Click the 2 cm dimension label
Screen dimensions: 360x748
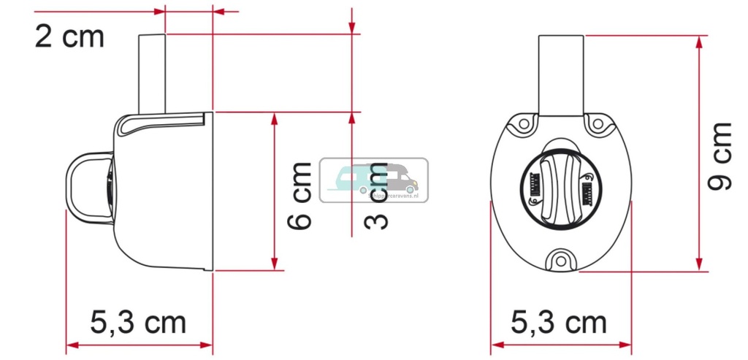69,37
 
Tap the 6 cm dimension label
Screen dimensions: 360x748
299,196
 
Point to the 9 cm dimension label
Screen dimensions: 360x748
721,156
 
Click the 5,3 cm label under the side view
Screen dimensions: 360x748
139,322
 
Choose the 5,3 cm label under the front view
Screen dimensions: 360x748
560,322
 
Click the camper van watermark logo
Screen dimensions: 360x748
374,179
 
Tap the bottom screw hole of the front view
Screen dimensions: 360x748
561,260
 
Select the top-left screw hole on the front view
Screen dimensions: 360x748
523,126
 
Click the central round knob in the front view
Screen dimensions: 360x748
560,191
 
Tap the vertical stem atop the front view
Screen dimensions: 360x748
561,73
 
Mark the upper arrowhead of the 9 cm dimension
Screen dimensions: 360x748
701,41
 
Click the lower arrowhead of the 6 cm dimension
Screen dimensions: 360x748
275,264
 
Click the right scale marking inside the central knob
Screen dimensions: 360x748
586,192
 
